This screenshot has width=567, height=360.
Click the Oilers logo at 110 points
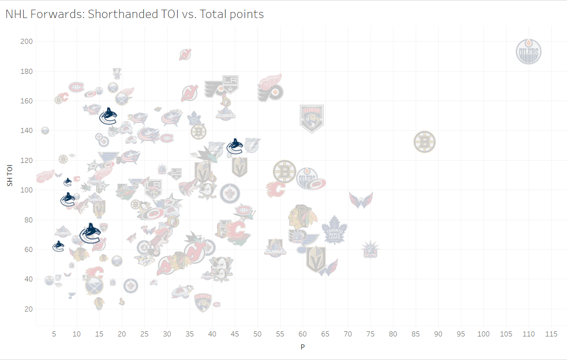pos(528,52)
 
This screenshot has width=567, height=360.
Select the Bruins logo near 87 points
pos(424,142)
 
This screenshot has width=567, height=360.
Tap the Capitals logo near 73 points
pos(361,200)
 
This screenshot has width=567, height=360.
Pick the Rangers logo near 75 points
pos(370,250)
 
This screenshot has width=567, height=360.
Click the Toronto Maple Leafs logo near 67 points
pos(334,230)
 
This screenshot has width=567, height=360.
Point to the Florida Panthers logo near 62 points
pos(312,118)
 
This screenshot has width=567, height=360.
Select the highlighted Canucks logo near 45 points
pos(235,146)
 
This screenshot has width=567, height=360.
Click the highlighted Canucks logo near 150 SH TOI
pos(108,116)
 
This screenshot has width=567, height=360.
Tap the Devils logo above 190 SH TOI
pos(185,54)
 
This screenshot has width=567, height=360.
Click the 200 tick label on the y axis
pos(26,42)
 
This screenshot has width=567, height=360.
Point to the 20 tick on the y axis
pos(28,309)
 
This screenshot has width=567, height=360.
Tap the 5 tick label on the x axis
pos(54,334)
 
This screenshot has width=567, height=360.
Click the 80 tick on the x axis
pos(393,334)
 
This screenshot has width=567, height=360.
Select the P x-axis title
pos(303,347)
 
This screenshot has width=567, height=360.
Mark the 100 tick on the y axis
pos(26,190)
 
